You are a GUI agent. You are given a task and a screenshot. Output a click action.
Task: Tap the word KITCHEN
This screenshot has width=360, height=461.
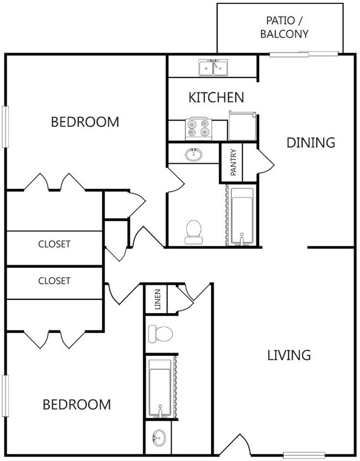pos(217,98)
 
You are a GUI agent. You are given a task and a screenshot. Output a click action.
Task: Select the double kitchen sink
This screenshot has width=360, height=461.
pos(213,68)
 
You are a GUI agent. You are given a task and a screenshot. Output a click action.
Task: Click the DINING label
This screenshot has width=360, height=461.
pos(311,142)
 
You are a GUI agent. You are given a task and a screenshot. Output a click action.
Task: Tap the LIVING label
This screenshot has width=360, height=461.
pos(289,355)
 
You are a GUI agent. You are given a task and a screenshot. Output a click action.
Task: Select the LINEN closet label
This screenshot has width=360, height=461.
pos(157,299)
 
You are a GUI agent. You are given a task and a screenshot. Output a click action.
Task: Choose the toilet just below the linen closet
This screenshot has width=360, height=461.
pos(160,333)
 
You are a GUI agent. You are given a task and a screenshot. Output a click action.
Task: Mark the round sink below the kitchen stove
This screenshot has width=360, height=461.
pos(194,154)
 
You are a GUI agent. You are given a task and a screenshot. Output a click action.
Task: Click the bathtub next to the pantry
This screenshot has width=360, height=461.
pos(241,216)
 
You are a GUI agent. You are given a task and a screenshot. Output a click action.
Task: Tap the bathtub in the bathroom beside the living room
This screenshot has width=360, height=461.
pos(161,387)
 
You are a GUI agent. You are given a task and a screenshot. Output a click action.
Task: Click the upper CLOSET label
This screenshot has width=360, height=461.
pos(54,244)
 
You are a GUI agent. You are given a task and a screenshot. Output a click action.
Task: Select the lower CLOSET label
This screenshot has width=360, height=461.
pos(54,281)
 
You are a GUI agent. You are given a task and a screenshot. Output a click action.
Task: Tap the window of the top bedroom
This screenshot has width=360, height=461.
pos(6,126)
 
